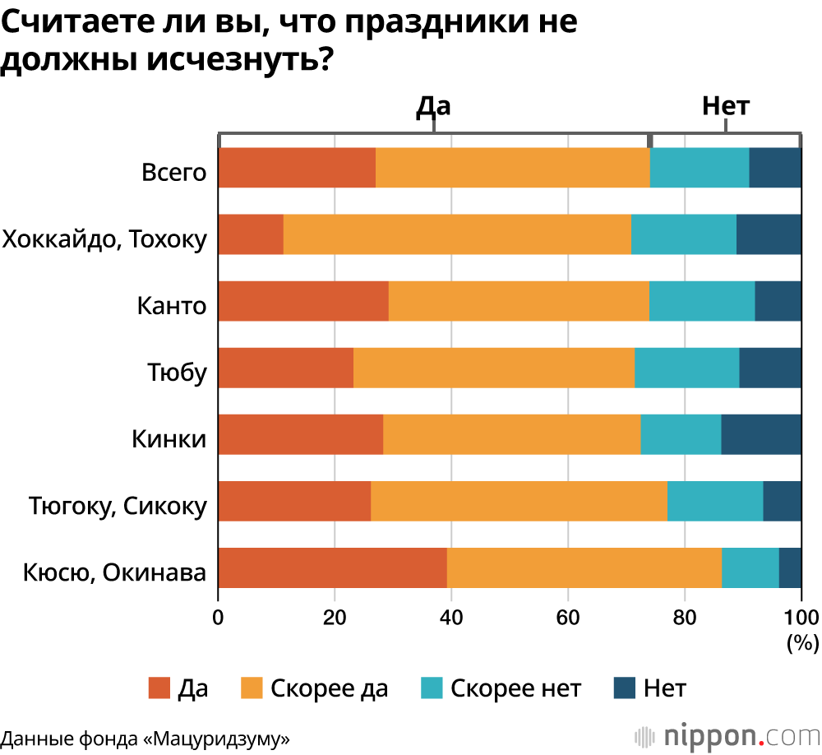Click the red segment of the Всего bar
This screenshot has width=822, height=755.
tap(298, 169)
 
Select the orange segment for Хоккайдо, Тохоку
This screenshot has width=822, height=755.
tap(457, 234)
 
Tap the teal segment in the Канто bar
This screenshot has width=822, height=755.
tap(702, 301)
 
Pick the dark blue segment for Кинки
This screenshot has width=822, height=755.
tap(761, 433)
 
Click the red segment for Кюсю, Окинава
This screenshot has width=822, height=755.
tap(333, 567)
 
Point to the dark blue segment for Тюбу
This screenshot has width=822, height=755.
tap(770, 368)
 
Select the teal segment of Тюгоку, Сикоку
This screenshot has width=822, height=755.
tap(715, 500)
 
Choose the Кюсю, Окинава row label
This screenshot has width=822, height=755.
tap(114, 572)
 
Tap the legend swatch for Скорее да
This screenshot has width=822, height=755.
tap(251, 688)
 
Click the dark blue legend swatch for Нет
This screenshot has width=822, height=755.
tap(626, 688)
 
